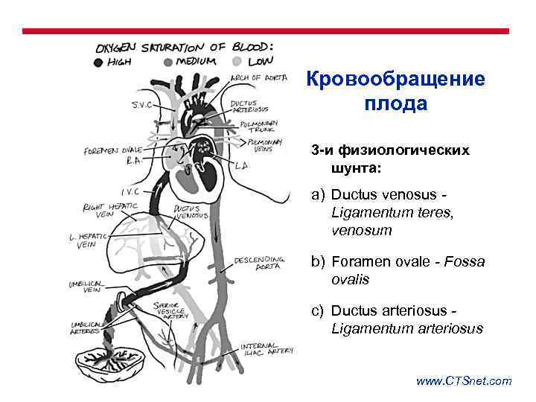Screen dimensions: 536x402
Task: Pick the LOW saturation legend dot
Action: pos(237,62)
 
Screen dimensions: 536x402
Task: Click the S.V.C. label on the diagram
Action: pos(142,105)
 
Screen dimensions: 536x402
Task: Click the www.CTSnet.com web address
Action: pos(464,381)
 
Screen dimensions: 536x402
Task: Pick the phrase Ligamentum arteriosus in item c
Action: pos(406,328)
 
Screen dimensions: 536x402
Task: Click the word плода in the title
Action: pos(395,103)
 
